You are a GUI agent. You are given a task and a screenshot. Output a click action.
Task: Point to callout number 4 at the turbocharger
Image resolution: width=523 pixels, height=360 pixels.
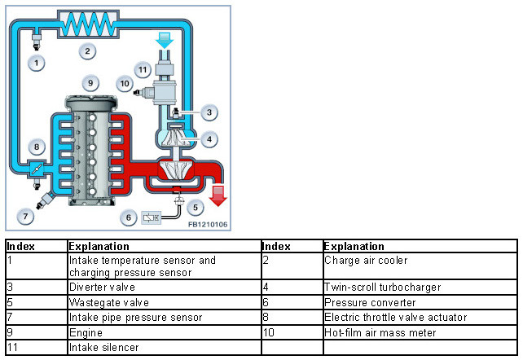point(209,139)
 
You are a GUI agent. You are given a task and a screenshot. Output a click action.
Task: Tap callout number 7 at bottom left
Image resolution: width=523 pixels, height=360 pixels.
point(27,217)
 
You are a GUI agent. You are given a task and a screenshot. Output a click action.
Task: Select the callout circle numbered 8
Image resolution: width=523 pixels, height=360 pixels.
point(36,147)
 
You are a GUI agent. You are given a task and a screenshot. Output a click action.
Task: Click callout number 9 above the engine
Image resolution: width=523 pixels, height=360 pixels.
point(91,82)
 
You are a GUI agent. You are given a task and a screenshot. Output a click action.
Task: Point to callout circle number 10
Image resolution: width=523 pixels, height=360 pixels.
point(125,83)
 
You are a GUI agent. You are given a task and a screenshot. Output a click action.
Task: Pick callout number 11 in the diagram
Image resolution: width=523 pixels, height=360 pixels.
point(143,70)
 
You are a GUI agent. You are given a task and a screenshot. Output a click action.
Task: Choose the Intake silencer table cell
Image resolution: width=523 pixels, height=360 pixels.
point(97,347)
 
